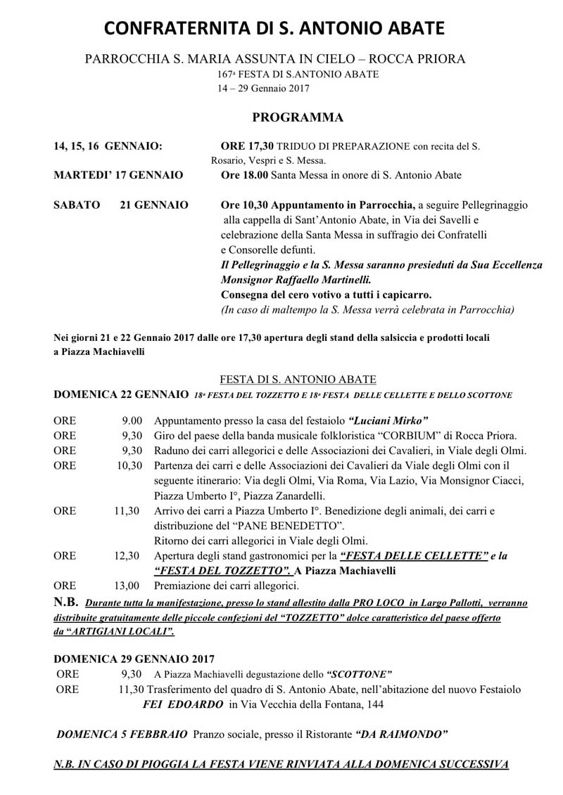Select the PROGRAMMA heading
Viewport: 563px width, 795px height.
coord(298,117)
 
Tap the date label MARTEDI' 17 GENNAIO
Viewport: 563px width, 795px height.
coord(118,175)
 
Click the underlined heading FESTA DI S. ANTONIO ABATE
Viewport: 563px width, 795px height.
coord(298,380)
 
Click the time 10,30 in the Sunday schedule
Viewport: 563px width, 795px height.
coord(131,465)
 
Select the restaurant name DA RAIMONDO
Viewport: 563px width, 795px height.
coord(402,734)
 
